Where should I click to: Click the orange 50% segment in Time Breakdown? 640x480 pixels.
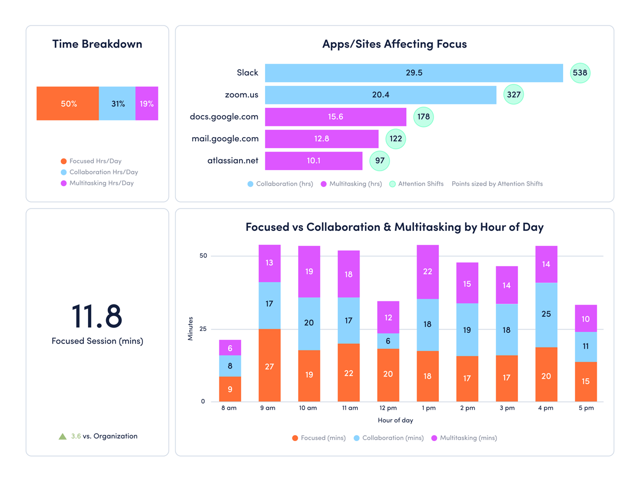68,103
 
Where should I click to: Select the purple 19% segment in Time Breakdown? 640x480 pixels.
147,103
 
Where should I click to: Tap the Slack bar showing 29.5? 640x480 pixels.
414,73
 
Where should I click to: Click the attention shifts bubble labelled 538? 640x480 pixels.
580,73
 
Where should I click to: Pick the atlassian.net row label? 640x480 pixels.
233,161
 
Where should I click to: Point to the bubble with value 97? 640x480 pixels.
380,161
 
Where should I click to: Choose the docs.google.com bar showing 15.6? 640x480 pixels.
335,117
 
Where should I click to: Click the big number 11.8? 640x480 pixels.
97,316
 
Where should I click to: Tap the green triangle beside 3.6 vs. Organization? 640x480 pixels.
63,436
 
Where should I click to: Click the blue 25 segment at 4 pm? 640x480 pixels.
546,315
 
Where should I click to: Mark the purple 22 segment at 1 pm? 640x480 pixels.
427,271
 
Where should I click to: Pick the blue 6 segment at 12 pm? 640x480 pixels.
388,341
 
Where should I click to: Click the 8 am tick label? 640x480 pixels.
230,408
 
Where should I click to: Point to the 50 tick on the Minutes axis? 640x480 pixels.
203,256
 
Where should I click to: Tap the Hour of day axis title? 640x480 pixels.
395,420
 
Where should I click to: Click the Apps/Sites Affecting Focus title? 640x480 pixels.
395,44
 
